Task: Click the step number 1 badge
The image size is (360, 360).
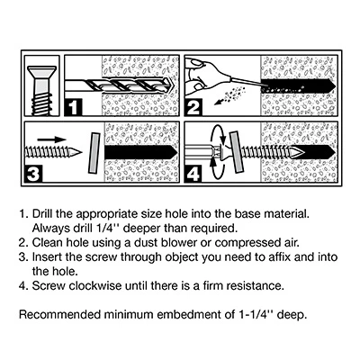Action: coord(73,107)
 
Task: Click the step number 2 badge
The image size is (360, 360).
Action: coord(193,107)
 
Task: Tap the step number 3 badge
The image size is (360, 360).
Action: coord(33,174)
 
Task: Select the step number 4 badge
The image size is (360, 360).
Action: coord(193,174)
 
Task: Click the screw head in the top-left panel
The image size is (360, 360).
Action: coord(41,74)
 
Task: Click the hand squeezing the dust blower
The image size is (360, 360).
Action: coord(198,76)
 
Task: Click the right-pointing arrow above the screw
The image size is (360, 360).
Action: coord(51,139)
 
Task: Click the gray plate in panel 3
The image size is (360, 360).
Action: coord(94,153)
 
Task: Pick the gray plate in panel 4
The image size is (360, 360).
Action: coord(236,153)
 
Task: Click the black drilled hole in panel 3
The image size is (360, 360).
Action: coord(140,152)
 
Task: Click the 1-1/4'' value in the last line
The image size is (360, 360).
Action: coord(256,315)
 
